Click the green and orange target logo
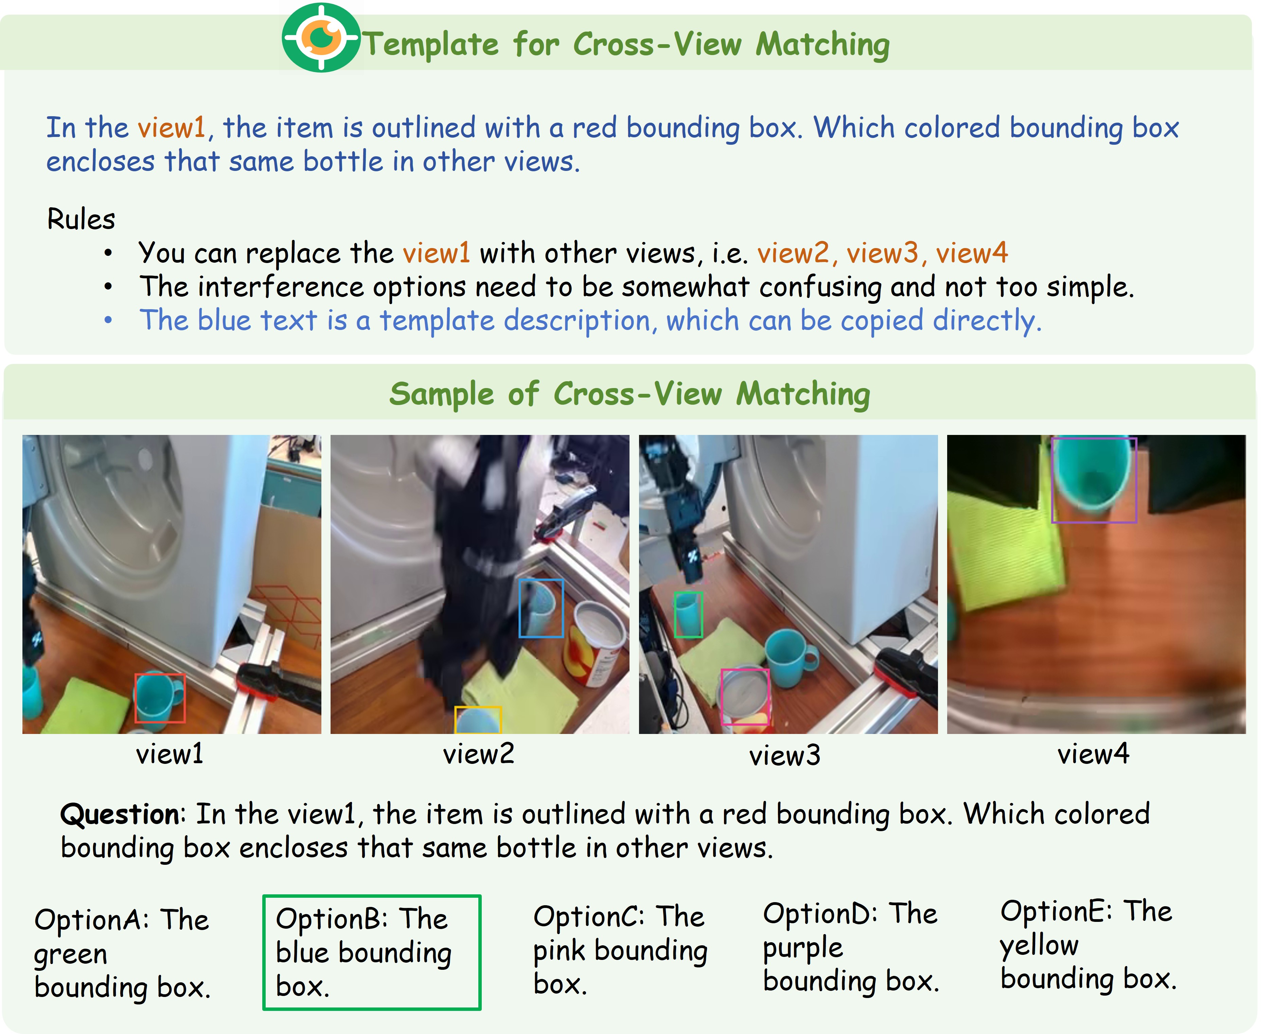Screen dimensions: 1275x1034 point(321,37)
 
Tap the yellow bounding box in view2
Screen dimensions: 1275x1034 point(478,707)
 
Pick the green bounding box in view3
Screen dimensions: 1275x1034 point(675,615)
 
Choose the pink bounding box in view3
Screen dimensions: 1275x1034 point(722,697)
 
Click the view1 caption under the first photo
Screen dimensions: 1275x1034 point(170,754)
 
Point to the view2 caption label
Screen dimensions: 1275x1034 point(478,754)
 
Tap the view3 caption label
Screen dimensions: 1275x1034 point(785,756)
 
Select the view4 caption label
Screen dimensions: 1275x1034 point(1093,754)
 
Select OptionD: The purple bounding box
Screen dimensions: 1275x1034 point(851,947)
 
